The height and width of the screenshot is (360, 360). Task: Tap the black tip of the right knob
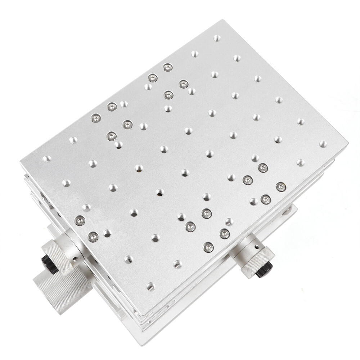click(x=264, y=269)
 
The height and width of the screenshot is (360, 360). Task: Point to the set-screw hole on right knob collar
click(x=256, y=247)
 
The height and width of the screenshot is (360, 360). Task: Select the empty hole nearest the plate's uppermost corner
click(x=216, y=38)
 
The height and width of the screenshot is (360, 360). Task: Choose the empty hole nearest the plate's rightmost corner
click(x=323, y=144)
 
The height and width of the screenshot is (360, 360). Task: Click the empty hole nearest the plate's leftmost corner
click(x=46, y=159)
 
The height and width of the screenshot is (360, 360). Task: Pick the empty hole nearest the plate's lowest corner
click(x=150, y=287)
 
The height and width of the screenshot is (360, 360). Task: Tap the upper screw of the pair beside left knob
click(x=80, y=220)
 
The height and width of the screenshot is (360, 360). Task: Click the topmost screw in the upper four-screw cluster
click(x=167, y=67)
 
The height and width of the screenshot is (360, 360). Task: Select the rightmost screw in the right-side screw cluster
click(x=281, y=187)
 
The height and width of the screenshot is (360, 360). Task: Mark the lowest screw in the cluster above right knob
click(x=208, y=247)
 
